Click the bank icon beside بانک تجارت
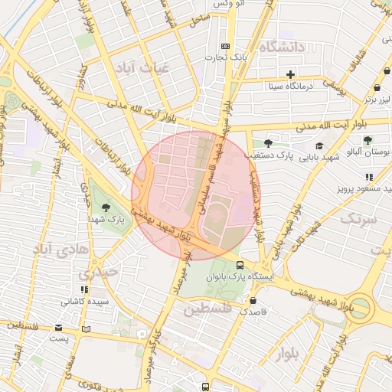[x=224, y=46]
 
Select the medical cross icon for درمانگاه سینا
[x=290, y=74]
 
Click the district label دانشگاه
[x=282, y=47]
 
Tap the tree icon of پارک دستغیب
[x=268, y=143]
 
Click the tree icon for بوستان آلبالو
[x=368, y=140]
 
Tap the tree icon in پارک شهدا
[x=105, y=207]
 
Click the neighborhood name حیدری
[x=100, y=272]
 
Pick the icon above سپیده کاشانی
[x=85, y=289]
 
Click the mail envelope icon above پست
[x=59, y=327]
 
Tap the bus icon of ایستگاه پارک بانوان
[x=263, y=266]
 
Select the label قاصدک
[x=253, y=312]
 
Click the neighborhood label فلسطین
[x=207, y=309]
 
